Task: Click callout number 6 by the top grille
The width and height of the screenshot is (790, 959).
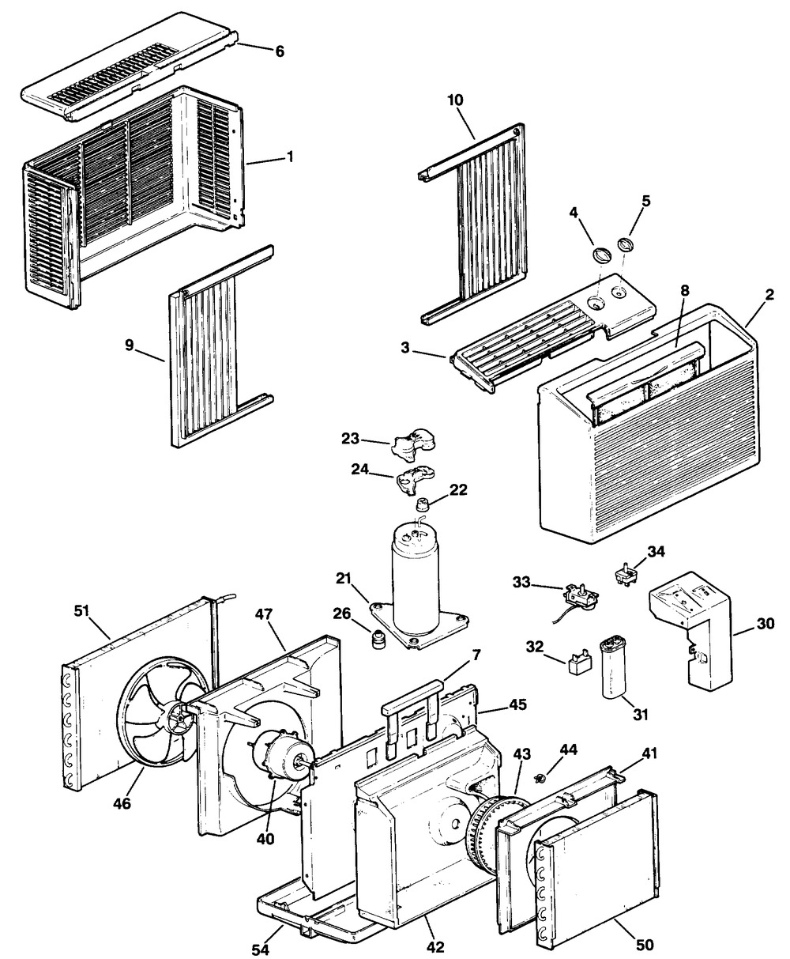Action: pyautogui.click(x=280, y=51)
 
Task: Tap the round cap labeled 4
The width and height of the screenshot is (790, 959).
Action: pyautogui.click(x=601, y=255)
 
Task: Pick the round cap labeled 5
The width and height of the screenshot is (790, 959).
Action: pyautogui.click(x=626, y=243)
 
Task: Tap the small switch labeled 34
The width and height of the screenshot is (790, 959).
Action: pyautogui.click(x=626, y=573)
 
